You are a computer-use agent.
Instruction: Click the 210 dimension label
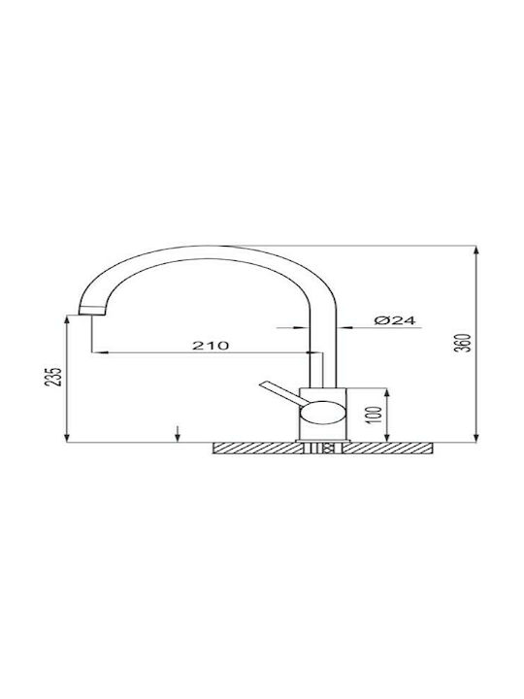(x=211, y=345)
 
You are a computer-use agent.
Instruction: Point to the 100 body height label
(x=376, y=416)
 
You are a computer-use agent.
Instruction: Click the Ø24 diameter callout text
(x=394, y=320)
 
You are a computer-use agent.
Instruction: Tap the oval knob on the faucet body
(x=322, y=413)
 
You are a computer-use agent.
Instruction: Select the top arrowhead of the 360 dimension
(x=476, y=250)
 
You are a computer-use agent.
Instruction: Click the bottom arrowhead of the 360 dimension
(x=476, y=437)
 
